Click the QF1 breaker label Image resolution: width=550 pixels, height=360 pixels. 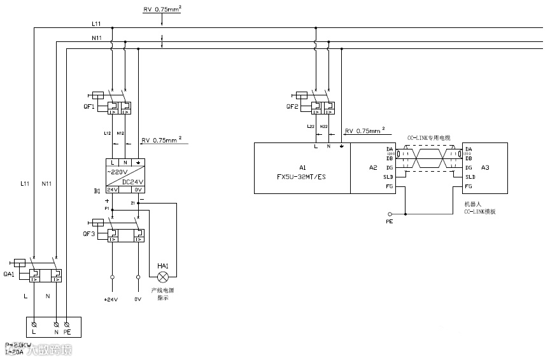coord(88,107)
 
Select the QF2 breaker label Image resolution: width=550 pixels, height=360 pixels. coord(292,107)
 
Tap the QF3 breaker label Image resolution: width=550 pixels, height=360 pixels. coord(88,234)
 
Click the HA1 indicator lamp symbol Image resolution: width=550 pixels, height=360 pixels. coord(163,277)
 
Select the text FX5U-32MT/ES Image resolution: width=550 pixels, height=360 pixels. coord(302,176)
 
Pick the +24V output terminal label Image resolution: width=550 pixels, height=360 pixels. coord(112,300)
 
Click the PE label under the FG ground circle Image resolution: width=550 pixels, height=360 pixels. coord(390,222)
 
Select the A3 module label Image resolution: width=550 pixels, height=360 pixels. coord(486,168)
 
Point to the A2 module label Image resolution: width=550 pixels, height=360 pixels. coord(373,168)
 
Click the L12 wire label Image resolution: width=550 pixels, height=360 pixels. coord(108,133)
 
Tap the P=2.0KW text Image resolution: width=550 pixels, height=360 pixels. coord(18,345)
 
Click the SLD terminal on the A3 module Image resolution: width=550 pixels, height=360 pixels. coord(470,177)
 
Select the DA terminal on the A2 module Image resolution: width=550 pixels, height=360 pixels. coord(389,149)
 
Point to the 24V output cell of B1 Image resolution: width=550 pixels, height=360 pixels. coord(111,190)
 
